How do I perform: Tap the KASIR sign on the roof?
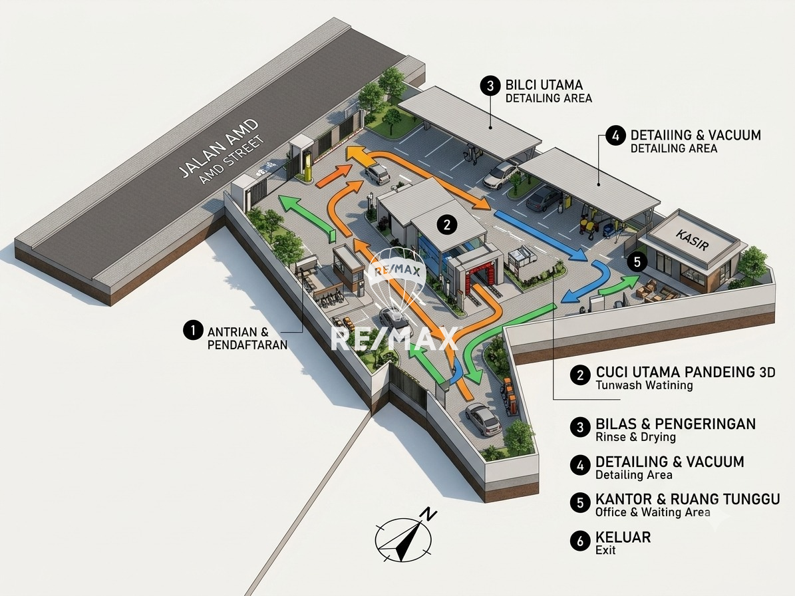coord(692,240)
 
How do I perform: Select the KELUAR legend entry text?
coord(623,537)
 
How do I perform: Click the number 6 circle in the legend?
coord(580,541)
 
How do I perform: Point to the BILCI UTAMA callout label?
coord(544,84)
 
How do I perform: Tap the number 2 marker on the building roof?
coord(446,224)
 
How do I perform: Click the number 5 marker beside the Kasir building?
coord(637,261)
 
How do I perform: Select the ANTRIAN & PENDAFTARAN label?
coord(247,339)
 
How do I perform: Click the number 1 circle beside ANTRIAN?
coord(193,331)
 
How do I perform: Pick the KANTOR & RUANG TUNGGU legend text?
coord(687,499)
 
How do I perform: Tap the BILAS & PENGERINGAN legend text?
coord(675,424)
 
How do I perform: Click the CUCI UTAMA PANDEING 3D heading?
coord(685,372)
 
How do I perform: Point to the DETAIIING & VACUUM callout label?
coord(696,135)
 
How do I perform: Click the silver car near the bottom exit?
coord(484,419)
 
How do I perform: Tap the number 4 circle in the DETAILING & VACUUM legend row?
coord(580,465)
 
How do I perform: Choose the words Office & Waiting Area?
coord(653,512)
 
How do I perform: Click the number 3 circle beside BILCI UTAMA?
coord(490,86)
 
